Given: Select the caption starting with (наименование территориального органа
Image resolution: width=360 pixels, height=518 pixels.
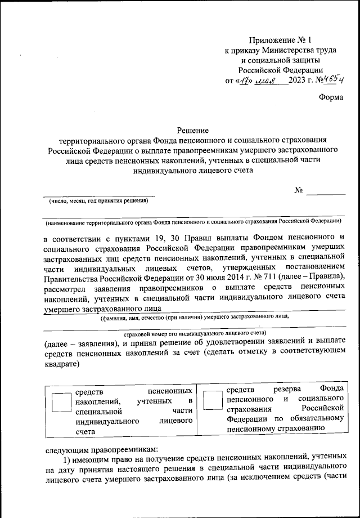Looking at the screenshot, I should click(x=193, y=221).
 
